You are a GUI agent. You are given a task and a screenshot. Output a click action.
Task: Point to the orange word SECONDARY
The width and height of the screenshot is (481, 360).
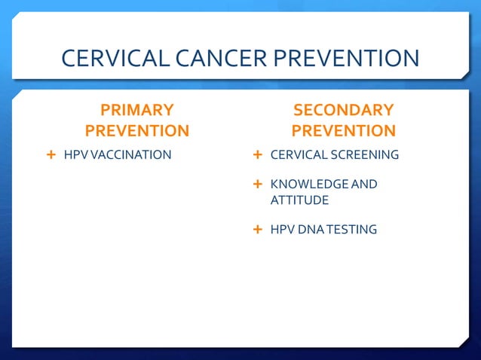[343, 111]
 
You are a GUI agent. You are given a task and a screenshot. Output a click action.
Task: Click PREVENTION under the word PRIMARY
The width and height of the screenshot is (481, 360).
[137, 131]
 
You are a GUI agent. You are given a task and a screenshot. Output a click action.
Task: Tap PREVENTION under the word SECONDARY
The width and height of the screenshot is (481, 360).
[343, 131]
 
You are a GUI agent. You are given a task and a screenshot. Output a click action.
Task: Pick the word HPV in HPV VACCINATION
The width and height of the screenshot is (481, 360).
[74, 156]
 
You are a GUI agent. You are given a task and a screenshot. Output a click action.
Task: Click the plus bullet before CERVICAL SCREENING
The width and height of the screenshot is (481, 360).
[257, 155]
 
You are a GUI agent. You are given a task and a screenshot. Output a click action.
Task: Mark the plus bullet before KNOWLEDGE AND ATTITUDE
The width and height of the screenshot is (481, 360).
[257, 184]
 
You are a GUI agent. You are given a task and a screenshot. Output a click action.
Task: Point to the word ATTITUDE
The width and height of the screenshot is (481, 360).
[299, 201]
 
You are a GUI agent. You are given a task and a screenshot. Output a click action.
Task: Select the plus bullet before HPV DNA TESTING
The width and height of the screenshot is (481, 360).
[257, 228]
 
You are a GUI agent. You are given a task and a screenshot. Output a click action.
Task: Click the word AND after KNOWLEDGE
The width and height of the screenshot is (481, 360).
[365, 185]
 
